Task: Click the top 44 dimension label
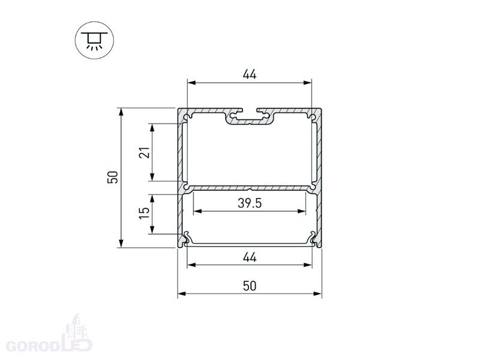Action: click(x=250, y=74)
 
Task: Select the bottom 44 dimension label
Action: click(x=250, y=257)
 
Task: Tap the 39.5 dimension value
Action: click(x=250, y=203)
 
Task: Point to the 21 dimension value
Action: click(x=145, y=152)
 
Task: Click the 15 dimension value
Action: click(x=145, y=213)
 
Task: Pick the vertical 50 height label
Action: click(x=113, y=177)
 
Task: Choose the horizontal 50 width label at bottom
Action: click(x=250, y=286)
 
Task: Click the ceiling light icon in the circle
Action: click(x=94, y=40)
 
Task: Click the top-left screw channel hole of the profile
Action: click(x=186, y=117)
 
